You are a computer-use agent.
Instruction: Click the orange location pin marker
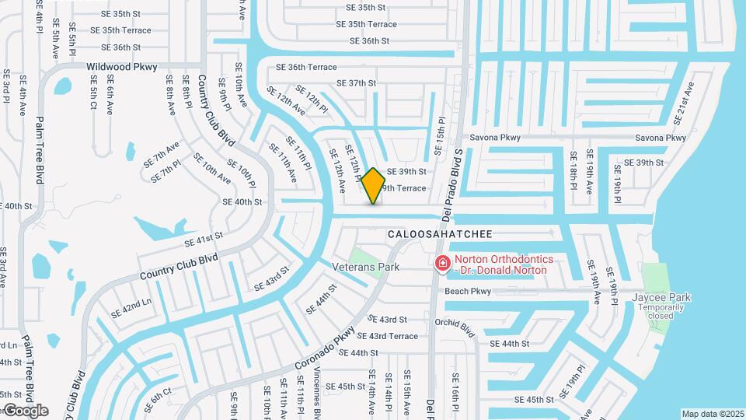point(373,185)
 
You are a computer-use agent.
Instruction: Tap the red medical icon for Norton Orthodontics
point(443,264)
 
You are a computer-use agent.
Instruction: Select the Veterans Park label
point(366,267)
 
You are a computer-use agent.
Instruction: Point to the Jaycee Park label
point(661,297)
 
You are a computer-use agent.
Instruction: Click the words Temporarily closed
point(661,311)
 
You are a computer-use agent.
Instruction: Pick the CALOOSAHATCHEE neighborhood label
point(440,233)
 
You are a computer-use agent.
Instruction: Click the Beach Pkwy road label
point(468,292)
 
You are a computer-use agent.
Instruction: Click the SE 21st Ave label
point(684,102)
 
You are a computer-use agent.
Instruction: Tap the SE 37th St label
point(356,83)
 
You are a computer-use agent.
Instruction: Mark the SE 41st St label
point(204,239)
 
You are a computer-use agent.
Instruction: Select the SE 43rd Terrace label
point(392,336)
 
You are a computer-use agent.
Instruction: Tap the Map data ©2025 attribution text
point(713,414)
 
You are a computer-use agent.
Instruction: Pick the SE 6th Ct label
point(157,400)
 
